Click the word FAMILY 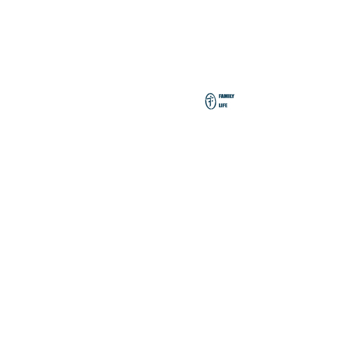click(226, 96)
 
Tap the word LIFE click(223, 105)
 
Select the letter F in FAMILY click(220, 96)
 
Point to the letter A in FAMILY click(222, 96)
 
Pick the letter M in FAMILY click(226, 96)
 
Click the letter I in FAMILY click(229, 96)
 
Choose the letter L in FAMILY click(230, 96)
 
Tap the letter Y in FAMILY click(233, 96)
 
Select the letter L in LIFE click(220, 105)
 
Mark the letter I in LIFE click(221, 105)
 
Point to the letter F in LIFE click(224, 105)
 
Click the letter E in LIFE click(226, 105)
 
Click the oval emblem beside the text click(205, 101)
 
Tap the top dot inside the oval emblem click(211, 96)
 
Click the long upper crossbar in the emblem click(211, 99)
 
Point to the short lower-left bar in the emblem click(209, 102)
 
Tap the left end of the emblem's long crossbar click(207, 99)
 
